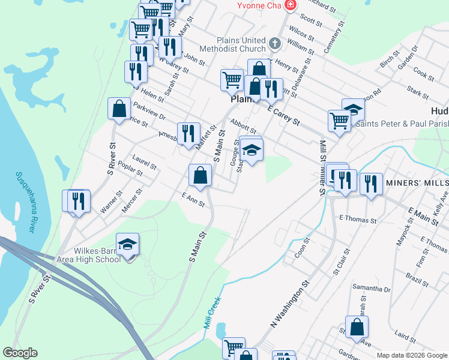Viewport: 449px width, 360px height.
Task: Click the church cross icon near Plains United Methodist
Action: pyautogui.click(x=275, y=43)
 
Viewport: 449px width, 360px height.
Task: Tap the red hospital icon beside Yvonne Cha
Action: pyautogui.click(x=291, y=5)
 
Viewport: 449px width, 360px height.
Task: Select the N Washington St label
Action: pyautogui.click(x=292, y=305)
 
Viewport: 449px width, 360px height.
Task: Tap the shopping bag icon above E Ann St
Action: pyautogui.click(x=200, y=175)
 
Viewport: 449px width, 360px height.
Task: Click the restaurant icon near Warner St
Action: pyautogui.click(x=77, y=201)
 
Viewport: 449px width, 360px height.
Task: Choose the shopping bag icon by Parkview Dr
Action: pyautogui.click(x=119, y=109)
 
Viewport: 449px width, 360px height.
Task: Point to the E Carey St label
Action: pyautogui.click(x=283, y=112)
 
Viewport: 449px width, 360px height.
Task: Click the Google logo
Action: pyautogui.click(x=20, y=353)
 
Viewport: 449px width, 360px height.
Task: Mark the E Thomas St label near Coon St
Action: pyautogui.click(x=358, y=220)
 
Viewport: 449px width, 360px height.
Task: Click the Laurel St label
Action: pyautogui.click(x=145, y=163)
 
